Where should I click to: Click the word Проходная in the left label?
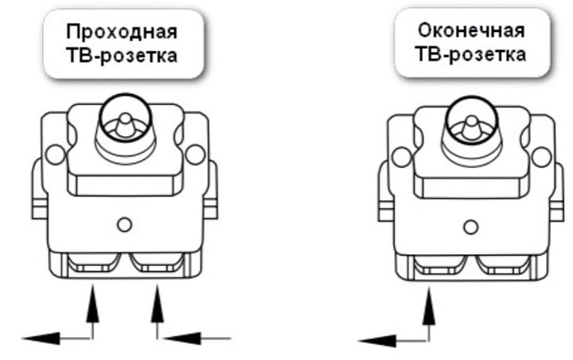click(x=122, y=32)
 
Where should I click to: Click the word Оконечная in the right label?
click(x=471, y=30)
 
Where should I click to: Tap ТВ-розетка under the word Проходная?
click(x=122, y=56)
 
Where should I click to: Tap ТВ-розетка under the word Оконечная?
click(x=470, y=54)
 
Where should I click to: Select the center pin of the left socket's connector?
click(x=125, y=125)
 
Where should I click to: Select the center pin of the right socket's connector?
click(x=472, y=127)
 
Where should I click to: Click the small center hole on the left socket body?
click(x=124, y=225)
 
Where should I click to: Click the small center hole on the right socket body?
click(x=470, y=227)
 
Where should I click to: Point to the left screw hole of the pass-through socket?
click(x=55, y=155)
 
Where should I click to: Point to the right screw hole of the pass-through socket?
click(x=195, y=155)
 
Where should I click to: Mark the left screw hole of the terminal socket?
click(x=401, y=157)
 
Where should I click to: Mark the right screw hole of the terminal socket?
click(x=542, y=157)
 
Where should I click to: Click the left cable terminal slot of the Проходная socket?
click(x=95, y=263)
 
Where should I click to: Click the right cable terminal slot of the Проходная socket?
click(x=157, y=263)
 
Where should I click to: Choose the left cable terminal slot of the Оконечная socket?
click(x=441, y=265)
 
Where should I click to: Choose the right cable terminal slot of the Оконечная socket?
click(x=503, y=265)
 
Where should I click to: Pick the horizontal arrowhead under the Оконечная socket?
click(x=377, y=341)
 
